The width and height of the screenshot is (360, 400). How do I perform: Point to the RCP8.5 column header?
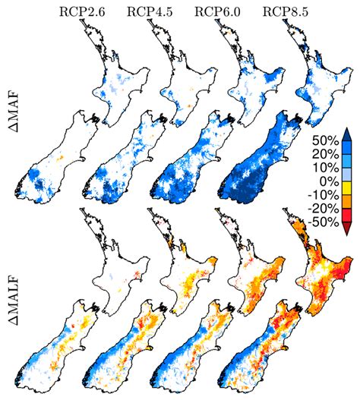pyautogui.click(x=283, y=11)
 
